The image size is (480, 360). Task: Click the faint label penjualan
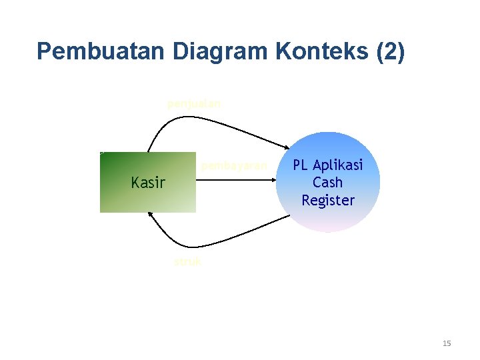(x=194, y=103)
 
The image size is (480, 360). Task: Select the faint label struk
(x=187, y=262)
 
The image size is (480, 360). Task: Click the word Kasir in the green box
(x=148, y=182)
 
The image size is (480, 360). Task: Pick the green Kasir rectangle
(x=120, y=197)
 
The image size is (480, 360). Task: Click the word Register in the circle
(x=328, y=200)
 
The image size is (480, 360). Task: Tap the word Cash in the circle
(x=328, y=183)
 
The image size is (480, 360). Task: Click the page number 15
(x=446, y=343)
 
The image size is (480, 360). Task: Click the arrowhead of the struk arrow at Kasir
(x=150, y=215)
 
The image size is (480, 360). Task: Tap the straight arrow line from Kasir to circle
(x=233, y=179)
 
